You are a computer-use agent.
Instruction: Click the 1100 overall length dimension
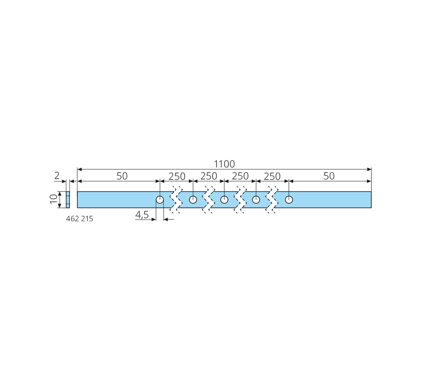tap(224, 164)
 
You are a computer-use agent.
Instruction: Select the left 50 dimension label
tap(122, 176)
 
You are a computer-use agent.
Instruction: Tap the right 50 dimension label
tap(329, 176)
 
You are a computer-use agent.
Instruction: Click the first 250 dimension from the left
tap(177, 176)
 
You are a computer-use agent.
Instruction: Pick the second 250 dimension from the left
tap(209, 176)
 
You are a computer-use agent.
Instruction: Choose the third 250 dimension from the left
tap(240, 176)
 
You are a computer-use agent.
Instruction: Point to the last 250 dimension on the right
tap(272, 176)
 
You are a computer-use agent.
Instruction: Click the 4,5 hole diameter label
tap(142, 215)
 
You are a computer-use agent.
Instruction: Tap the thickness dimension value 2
tap(57, 176)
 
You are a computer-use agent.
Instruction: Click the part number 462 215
tap(79, 219)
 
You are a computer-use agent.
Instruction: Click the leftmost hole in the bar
tap(160, 200)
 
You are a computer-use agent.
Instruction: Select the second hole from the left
tap(193, 200)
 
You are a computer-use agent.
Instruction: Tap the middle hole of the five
tap(224, 200)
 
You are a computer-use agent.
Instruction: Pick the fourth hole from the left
tap(256, 200)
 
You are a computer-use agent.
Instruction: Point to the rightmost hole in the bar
tap(289, 200)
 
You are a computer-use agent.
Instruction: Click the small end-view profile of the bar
tap(68, 200)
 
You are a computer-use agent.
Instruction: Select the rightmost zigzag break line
tap(272, 200)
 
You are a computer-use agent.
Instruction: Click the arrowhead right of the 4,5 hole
tap(166, 219)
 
